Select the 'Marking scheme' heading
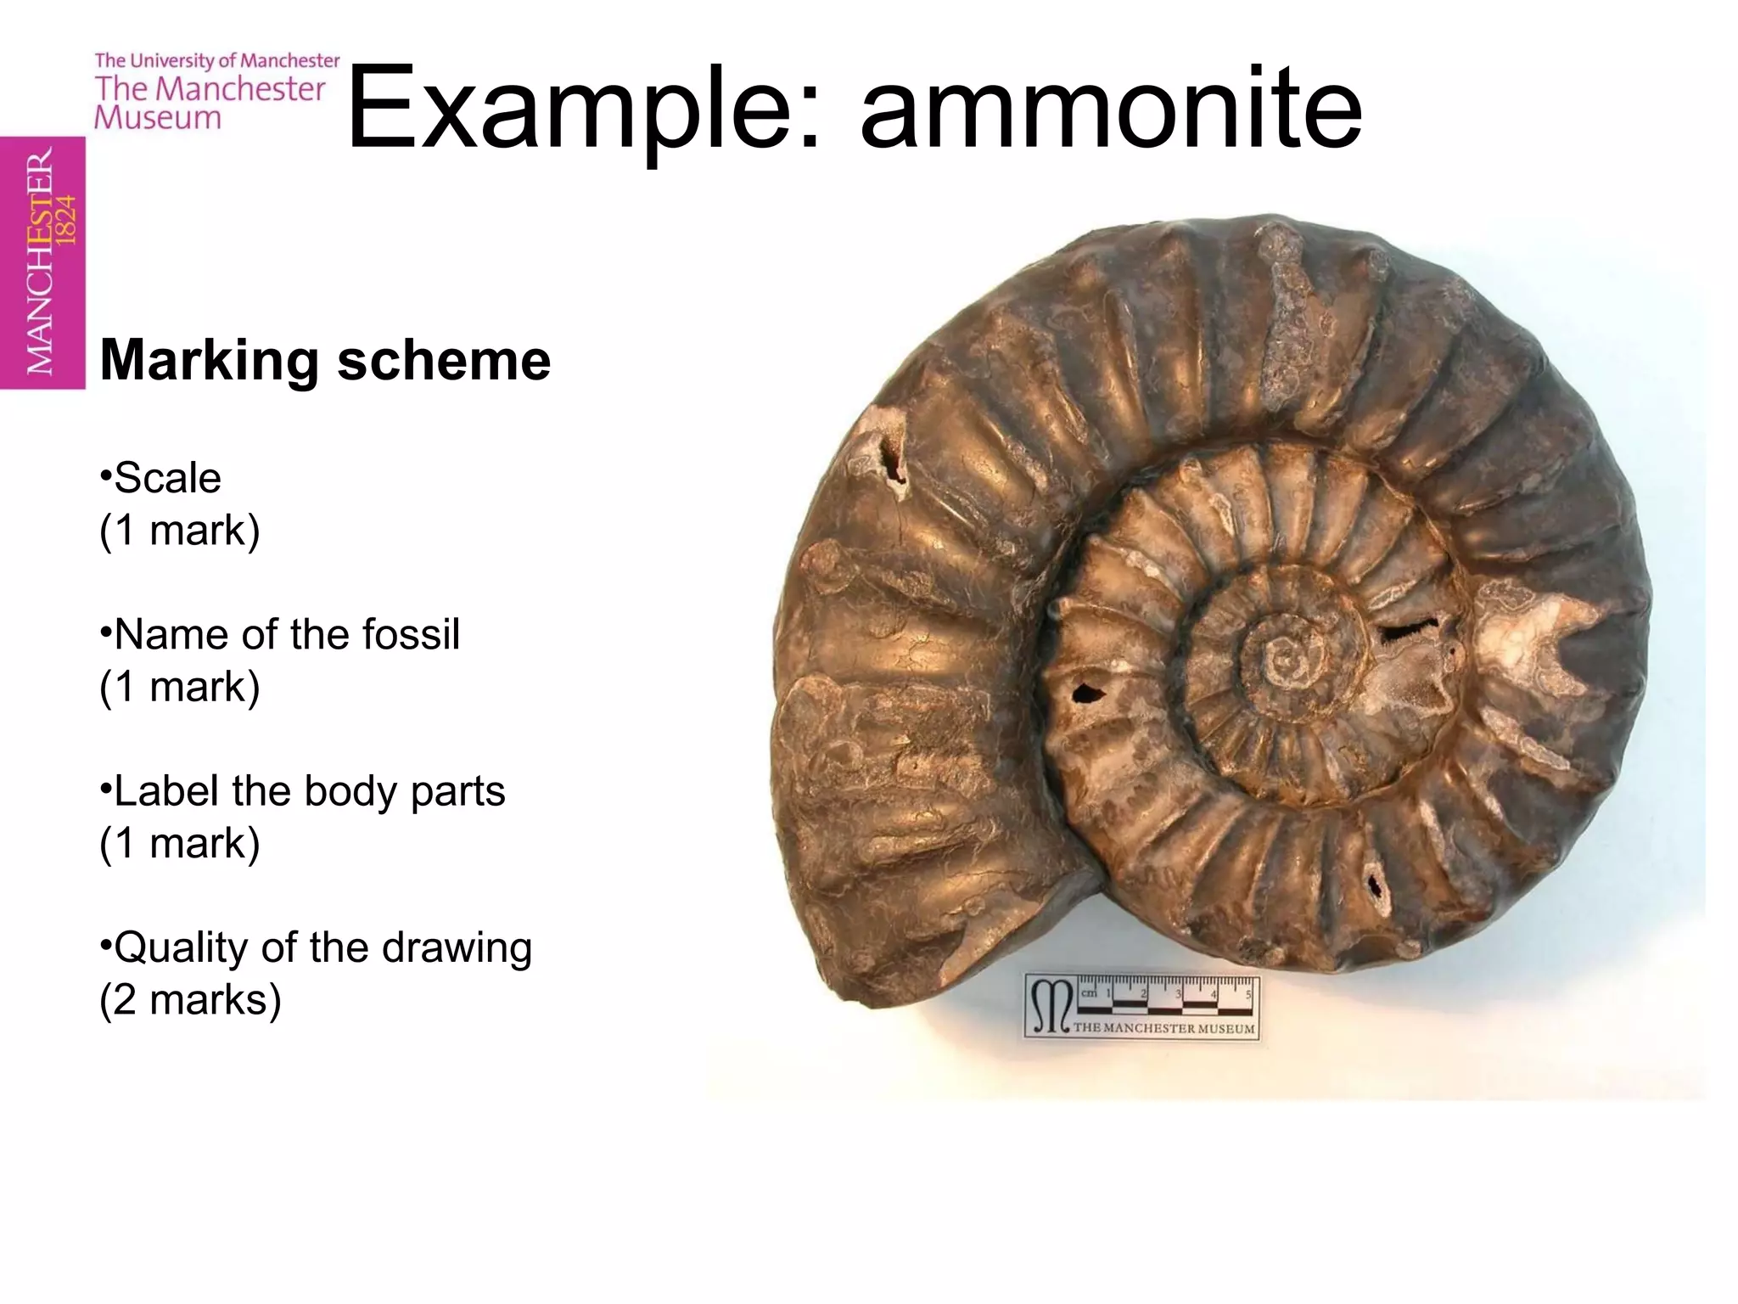325,360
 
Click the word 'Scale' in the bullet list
168,477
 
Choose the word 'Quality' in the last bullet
180,947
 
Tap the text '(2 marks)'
190,999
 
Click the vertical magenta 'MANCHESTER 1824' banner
42,262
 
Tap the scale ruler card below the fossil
1141,1007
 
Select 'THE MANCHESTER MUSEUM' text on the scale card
1163,1028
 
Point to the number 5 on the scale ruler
1248,994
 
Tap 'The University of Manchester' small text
217,60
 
